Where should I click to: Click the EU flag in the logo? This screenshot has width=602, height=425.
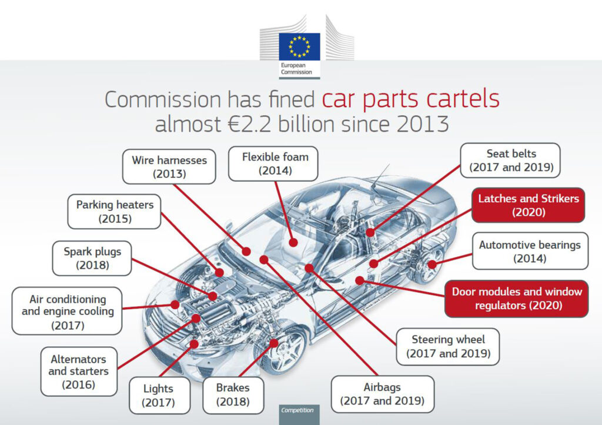pyautogui.click(x=299, y=46)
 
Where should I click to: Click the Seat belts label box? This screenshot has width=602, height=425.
pyautogui.click(x=511, y=160)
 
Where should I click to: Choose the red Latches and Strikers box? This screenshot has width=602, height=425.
pyautogui.click(x=528, y=205)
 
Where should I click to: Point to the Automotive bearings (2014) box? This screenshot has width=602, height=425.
pyautogui.click(x=530, y=251)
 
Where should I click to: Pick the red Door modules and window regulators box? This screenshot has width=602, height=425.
pyautogui.click(x=517, y=298)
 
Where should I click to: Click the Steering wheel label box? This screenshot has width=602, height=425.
pyautogui.click(x=448, y=347)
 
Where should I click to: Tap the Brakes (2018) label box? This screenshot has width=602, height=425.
pyautogui.click(x=233, y=395)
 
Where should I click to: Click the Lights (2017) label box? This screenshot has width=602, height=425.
pyautogui.click(x=159, y=396)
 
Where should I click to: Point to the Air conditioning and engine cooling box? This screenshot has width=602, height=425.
pyautogui.click(x=67, y=312)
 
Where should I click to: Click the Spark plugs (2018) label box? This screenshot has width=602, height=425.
pyautogui.click(x=93, y=258)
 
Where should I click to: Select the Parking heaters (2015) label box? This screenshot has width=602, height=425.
pyautogui.click(x=115, y=212)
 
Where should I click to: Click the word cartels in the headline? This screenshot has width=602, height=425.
pyautogui.click(x=462, y=99)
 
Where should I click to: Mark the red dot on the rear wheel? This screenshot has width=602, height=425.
pyautogui.click(x=432, y=265)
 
